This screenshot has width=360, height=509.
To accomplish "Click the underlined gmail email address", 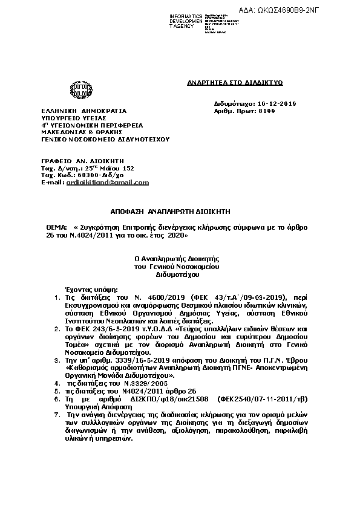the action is tap(107, 182).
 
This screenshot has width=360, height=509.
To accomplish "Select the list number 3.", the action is tap(57, 358).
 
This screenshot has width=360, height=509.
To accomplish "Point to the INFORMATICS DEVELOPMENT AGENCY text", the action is tap(186, 21).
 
